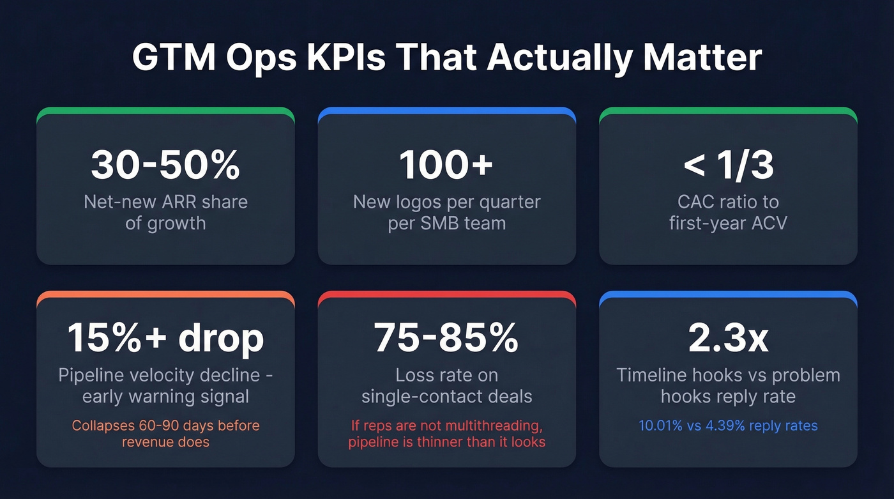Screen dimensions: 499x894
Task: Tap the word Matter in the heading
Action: (702, 58)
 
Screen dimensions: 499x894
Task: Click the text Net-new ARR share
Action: (165, 203)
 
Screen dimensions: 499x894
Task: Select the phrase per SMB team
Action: (446, 224)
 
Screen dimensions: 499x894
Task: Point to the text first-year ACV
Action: (728, 224)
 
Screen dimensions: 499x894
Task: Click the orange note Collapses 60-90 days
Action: (165, 426)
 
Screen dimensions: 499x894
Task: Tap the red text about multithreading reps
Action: (446, 426)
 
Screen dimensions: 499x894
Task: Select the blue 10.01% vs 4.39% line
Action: (728, 426)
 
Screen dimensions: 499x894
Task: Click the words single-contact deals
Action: (446, 396)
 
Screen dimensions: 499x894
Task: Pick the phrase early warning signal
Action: (165, 396)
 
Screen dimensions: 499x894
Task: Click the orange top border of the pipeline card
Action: (165, 295)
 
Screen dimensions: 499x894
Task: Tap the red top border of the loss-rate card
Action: (446, 295)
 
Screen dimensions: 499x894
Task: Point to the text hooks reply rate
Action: (728, 396)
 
